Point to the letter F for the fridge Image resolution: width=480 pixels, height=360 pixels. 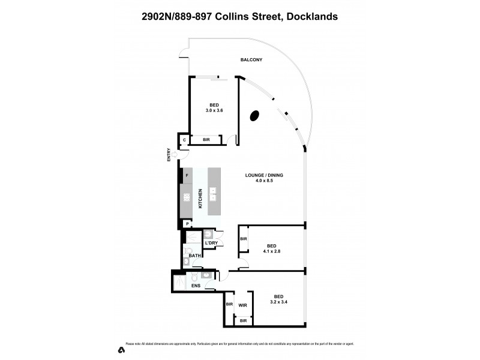tap(187, 175)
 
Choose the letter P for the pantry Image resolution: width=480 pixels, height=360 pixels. tap(187, 224)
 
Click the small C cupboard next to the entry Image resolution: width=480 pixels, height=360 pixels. tap(184, 140)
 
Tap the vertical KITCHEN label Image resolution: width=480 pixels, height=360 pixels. tap(200, 199)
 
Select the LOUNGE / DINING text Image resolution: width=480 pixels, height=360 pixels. tap(263, 175)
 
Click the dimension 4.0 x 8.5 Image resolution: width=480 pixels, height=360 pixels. tap(263, 181)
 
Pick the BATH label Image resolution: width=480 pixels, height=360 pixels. tap(194, 256)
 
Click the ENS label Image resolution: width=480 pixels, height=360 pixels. tap(196, 286)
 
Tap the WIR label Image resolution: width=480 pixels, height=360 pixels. tap(243, 305)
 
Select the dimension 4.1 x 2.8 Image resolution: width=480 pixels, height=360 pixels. tap(272, 251)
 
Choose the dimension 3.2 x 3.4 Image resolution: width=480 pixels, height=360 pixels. tap(279, 302)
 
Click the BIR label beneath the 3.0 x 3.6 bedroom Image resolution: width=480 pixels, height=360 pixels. tap(206, 140)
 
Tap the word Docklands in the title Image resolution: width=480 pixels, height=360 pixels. tap(312, 17)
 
